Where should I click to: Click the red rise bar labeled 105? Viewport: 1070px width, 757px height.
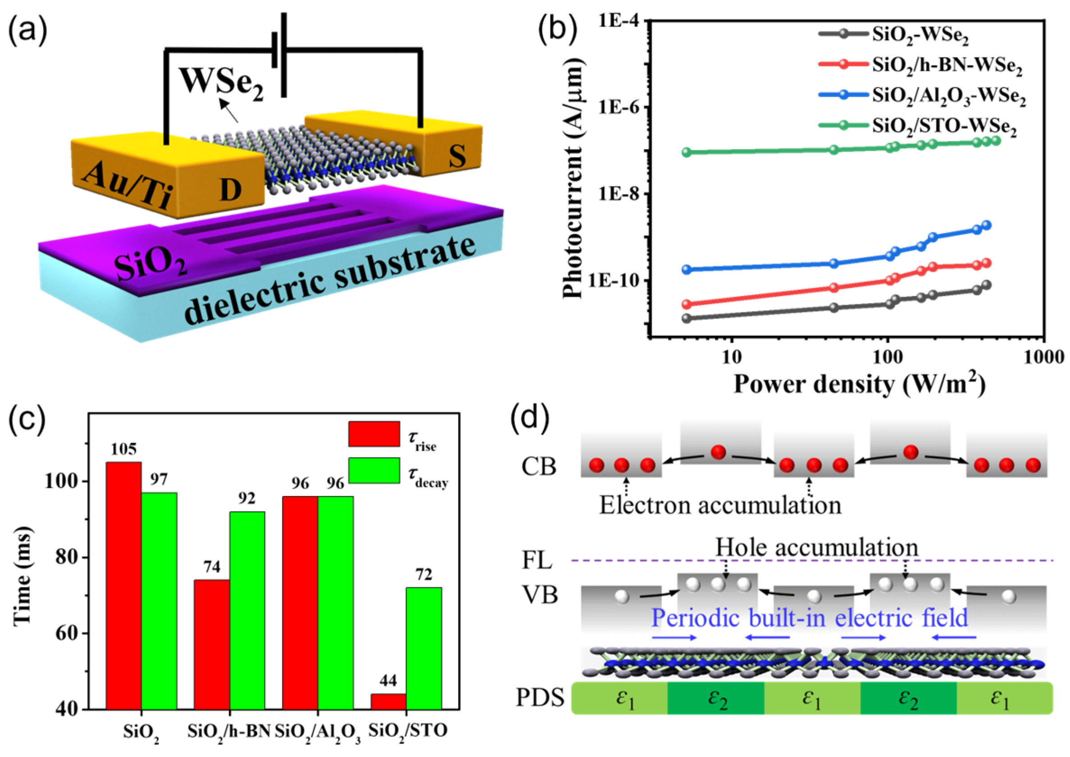click(x=124, y=585)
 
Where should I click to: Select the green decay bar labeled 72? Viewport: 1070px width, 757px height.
click(x=424, y=648)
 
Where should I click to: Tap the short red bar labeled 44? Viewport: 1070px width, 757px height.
click(x=388, y=701)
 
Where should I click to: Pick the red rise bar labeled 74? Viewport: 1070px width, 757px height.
click(x=211, y=644)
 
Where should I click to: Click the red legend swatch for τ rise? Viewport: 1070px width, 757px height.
click(x=374, y=434)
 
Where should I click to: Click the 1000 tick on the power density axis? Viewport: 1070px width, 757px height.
click(x=1043, y=357)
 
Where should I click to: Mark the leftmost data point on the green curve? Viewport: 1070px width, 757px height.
click(x=686, y=152)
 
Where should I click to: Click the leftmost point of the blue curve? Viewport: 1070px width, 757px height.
click(x=686, y=269)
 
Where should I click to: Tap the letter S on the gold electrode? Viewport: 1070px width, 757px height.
click(x=457, y=156)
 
